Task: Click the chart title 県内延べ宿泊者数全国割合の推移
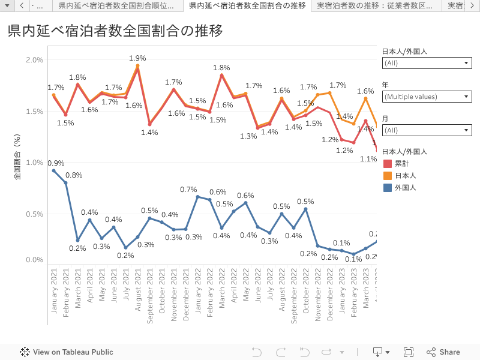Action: pyautogui.click(x=115, y=31)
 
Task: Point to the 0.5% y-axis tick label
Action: pyautogui.click(x=35, y=214)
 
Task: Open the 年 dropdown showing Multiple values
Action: pyautogui.click(x=427, y=97)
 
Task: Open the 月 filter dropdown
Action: pyautogui.click(x=427, y=130)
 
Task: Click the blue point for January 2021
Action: pyautogui.click(x=54, y=171)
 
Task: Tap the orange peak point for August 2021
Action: pyautogui.click(x=138, y=66)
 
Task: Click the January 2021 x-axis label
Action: pyautogui.click(x=54, y=290)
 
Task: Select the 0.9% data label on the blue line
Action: pyautogui.click(x=56, y=163)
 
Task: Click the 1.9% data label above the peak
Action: pyautogui.click(x=138, y=58)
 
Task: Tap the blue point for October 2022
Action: pyautogui.click(x=306, y=209)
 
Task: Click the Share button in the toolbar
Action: pyautogui.click(x=443, y=352)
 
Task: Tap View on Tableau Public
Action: pyautogui.click(x=67, y=352)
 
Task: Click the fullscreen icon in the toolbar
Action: pyautogui.click(x=409, y=352)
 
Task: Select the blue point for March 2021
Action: pyautogui.click(x=78, y=240)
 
